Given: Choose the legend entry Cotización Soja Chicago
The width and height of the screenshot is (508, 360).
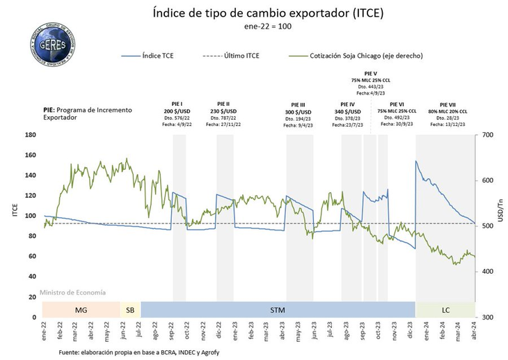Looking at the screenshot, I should [x=355, y=55].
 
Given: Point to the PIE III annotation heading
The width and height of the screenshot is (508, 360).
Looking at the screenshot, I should [x=297, y=104].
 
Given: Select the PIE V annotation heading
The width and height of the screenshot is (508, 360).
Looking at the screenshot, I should [x=370, y=73].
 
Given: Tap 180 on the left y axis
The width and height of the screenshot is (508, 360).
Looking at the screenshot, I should [x=31, y=135].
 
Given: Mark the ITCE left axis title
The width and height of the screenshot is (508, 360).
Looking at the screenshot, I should [x=15, y=217].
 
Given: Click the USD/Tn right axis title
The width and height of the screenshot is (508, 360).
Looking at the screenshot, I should [x=499, y=217].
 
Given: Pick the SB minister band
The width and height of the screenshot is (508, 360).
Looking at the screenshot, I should [x=129, y=309].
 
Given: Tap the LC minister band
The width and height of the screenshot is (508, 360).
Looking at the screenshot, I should [x=445, y=309].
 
